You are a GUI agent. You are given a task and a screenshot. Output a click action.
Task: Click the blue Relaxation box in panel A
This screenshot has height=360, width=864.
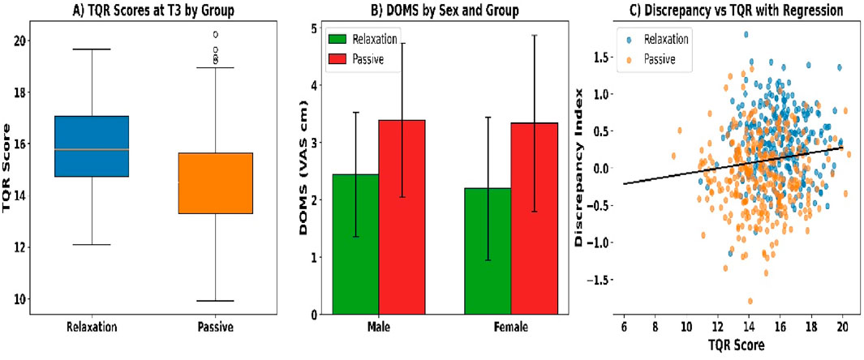tap(90, 146)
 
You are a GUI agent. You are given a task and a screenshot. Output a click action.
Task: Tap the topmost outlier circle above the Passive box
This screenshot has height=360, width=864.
tap(215, 35)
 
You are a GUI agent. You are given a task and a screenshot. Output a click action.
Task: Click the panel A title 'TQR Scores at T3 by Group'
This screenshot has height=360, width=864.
tap(153, 9)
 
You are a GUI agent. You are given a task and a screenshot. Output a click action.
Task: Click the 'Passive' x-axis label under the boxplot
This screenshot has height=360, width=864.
tap(216, 328)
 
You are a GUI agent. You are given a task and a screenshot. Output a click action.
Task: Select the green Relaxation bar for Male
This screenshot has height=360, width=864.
tap(355, 244)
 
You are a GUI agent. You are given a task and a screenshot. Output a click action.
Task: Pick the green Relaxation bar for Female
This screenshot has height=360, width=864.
tap(487, 251)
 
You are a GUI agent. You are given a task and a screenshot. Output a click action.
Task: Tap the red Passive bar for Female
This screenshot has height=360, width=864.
tap(533, 218)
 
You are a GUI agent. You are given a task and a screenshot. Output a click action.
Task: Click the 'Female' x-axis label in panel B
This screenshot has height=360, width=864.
tap(509, 328)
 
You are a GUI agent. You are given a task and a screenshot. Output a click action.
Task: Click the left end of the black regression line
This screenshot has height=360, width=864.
tap(624, 184)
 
